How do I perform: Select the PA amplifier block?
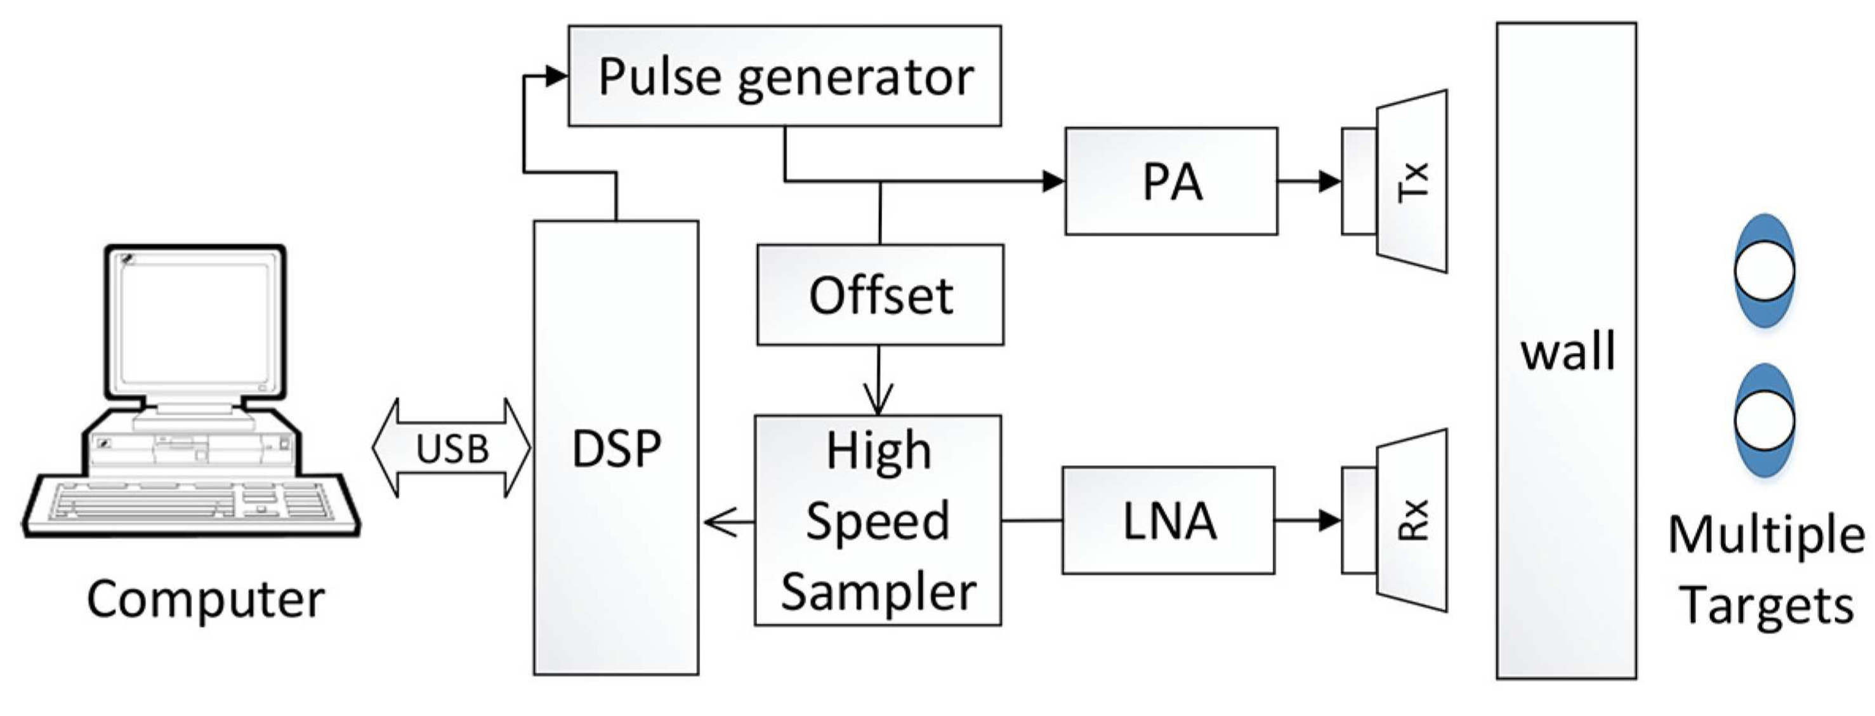(x=1171, y=182)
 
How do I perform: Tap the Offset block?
(x=879, y=295)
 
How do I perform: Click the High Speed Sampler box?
(x=877, y=520)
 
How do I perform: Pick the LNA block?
(x=1168, y=520)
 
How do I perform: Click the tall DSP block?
(x=615, y=447)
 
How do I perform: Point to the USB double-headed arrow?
(x=451, y=448)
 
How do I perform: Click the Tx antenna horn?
(x=1411, y=182)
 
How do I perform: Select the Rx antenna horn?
(x=1411, y=520)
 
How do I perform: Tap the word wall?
(x=1567, y=351)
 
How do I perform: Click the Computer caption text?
(x=205, y=599)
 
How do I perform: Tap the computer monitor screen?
(x=195, y=321)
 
